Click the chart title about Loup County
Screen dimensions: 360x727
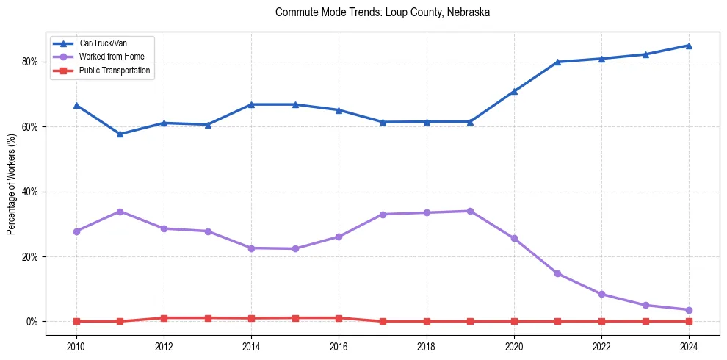382,12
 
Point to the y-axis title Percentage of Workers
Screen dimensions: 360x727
11,184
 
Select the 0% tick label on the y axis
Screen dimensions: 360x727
32,322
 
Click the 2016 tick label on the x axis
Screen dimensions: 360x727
339,345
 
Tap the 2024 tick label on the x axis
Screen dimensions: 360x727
689,345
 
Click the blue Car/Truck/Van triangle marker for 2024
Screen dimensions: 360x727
689,46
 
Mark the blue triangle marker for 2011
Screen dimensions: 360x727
120,134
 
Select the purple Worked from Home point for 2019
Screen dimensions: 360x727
470,211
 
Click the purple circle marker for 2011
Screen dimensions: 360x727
120,212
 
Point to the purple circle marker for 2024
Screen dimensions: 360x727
689,310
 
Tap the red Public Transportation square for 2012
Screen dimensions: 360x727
164,318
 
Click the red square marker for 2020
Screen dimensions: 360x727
514,321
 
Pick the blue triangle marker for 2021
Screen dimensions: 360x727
557,62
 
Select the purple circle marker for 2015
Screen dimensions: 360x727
295,248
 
